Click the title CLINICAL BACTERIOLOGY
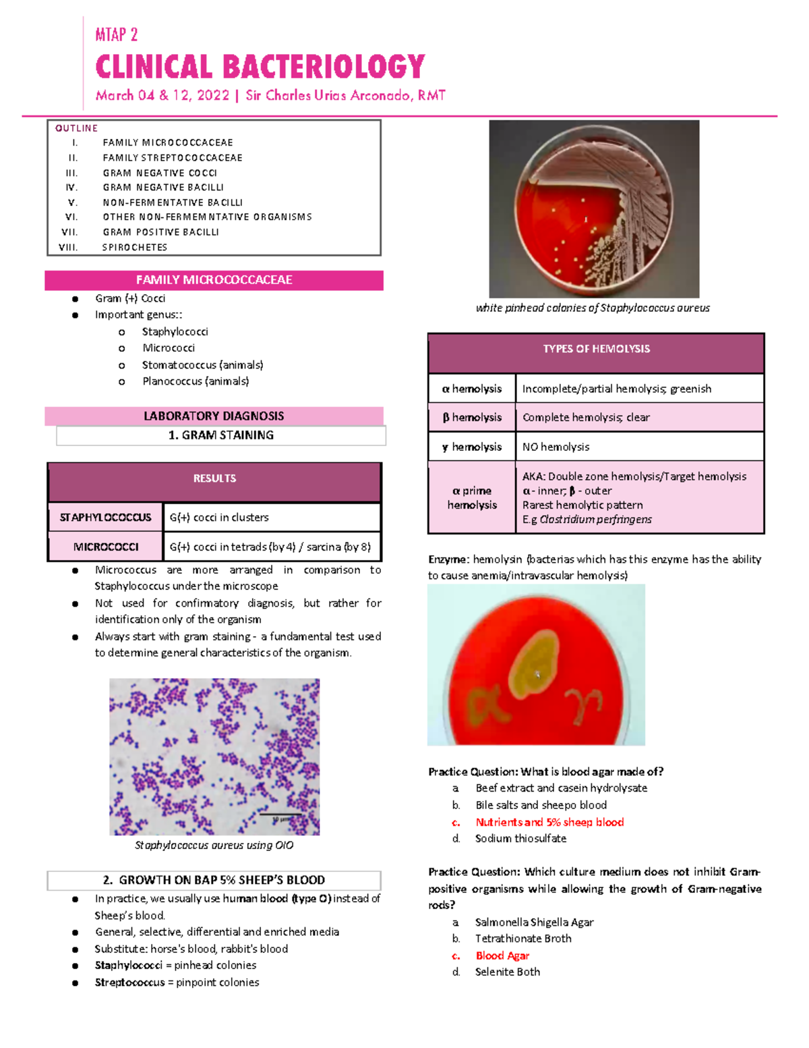[260, 67]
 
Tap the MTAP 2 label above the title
[117, 34]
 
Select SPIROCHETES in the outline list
[135, 247]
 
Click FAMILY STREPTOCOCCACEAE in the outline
[173, 157]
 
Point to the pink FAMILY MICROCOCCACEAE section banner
[214, 280]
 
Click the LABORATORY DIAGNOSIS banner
[214, 416]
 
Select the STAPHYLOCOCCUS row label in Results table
[105, 518]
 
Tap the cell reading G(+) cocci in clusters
[219, 518]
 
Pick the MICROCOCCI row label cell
[106, 547]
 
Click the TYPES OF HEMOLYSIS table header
[596, 349]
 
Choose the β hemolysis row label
[472, 417]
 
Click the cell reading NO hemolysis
[556, 447]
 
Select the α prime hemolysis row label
[472, 497]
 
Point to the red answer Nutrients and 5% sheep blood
[549, 822]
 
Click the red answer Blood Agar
[502, 956]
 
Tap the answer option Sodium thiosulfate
[520, 838]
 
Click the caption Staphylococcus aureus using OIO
[214, 845]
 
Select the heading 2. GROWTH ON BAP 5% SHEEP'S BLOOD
[214, 880]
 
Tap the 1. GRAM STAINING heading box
[221, 435]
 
